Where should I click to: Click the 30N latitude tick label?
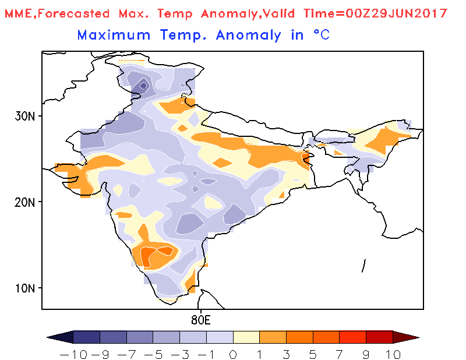[x=24, y=117]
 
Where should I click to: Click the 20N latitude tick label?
[x=24, y=203]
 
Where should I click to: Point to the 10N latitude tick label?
[x=25, y=288]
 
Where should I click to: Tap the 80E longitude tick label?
[x=201, y=320]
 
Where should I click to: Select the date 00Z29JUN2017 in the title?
[x=396, y=13]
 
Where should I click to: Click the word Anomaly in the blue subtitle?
[x=249, y=36]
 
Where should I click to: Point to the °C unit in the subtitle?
[x=322, y=35]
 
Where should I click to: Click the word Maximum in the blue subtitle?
[x=114, y=35]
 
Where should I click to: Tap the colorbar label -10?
[x=74, y=355]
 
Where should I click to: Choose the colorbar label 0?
[x=232, y=355]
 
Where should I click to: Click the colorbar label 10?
[x=393, y=355]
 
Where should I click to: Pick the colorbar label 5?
[x=313, y=355]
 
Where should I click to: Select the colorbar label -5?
[x=153, y=355]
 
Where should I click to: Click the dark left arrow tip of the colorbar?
[x=48, y=337]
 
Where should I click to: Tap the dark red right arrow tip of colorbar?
[x=419, y=337]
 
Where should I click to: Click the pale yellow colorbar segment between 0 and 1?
[x=246, y=337]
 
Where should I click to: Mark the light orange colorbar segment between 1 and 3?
[x=273, y=337]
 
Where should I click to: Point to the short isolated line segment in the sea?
[x=363, y=266]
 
